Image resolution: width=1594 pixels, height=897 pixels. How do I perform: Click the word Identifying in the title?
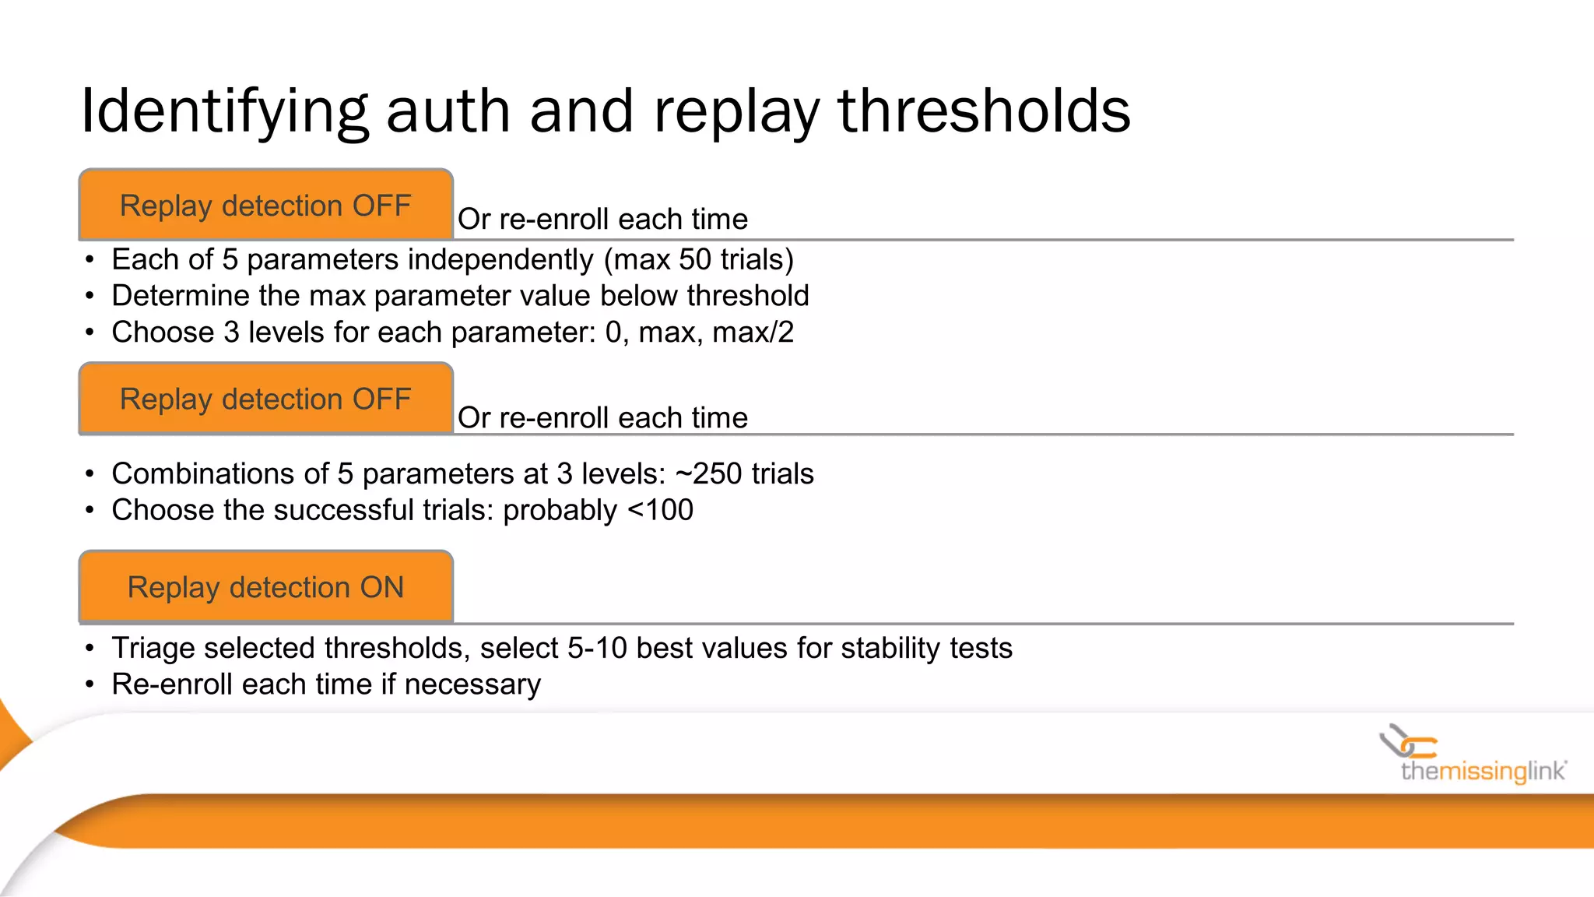click(x=224, y=111)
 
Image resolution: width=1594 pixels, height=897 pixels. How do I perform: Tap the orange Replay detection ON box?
click(x=265, y=587)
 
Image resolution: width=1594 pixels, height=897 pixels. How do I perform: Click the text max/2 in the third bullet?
click(x=753, y=332)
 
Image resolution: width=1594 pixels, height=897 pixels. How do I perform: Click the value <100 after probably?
click(x=660, y=510)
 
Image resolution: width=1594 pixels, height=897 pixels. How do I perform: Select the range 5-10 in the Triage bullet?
click(x=597, y=648)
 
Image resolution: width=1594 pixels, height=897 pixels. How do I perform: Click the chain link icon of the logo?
click(x=1407, y=741)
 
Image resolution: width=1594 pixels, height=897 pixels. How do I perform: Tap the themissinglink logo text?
click(x=1483, y=771)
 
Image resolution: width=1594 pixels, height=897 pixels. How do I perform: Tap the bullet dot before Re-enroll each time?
click(x=90, y=685)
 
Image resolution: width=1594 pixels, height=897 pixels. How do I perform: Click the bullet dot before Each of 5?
click(x=90, y=260)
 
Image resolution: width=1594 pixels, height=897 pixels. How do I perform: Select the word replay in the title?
click(x=736, y=111)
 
